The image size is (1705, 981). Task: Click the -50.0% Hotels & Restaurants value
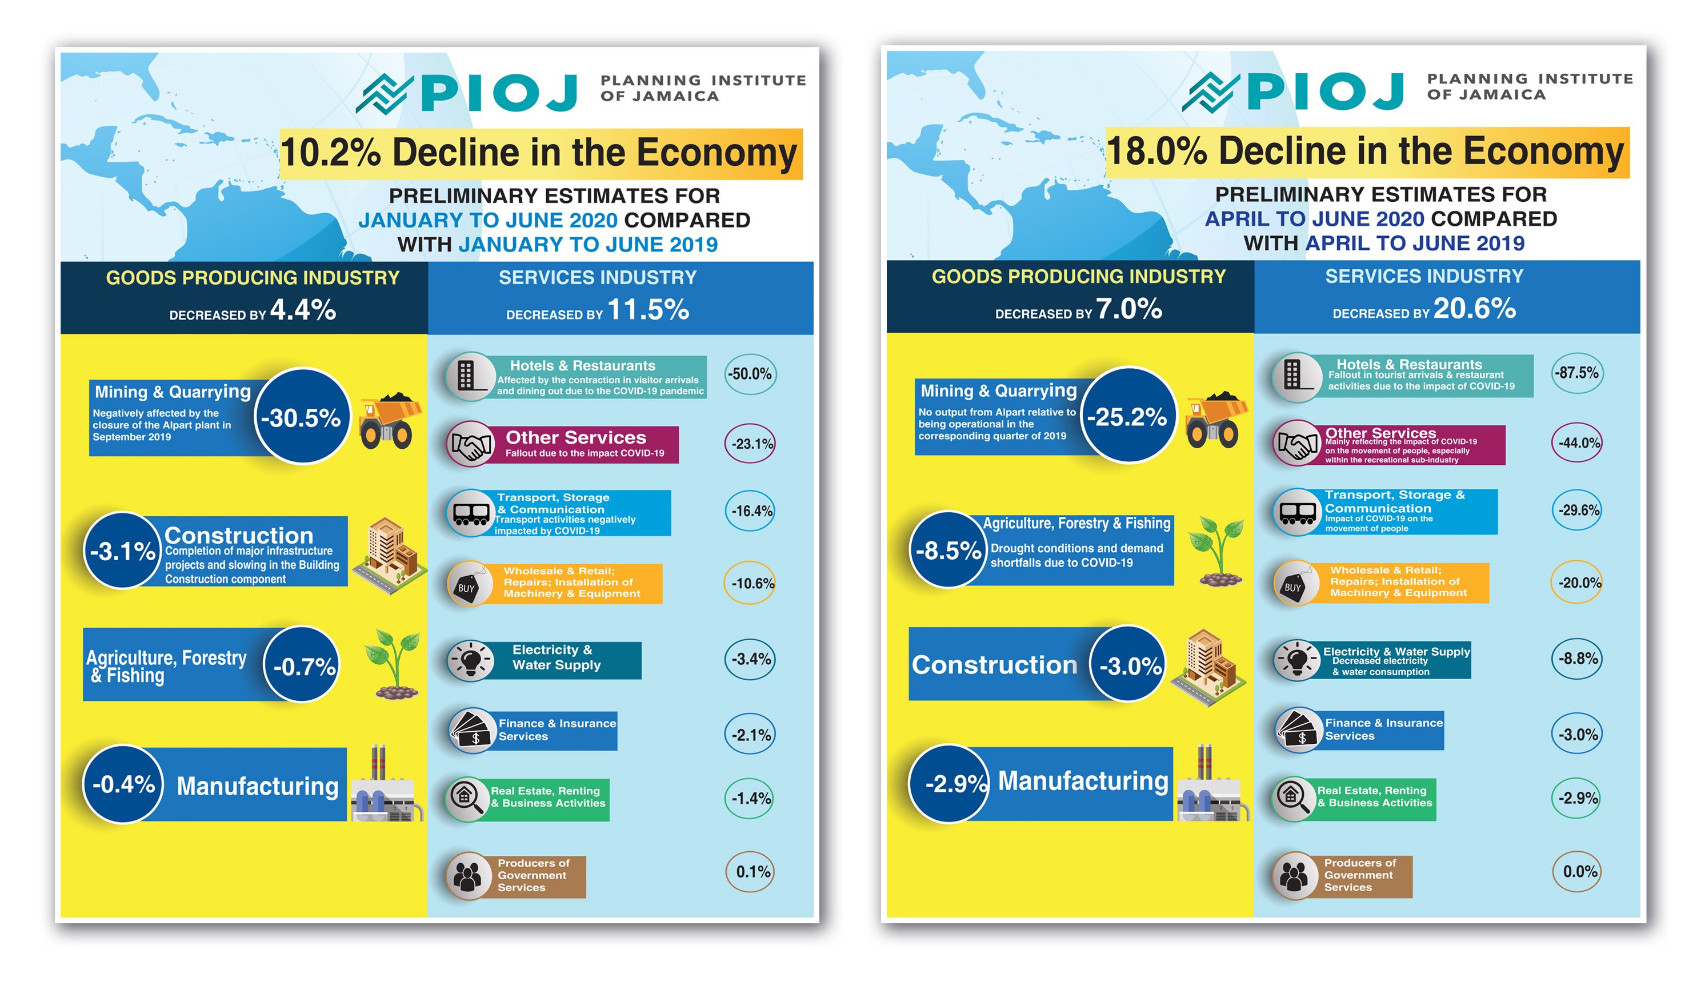point(750,374)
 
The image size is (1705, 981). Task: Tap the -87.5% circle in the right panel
point(1576,373)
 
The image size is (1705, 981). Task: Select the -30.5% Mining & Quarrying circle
point(302,417)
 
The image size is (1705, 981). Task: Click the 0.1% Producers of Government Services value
point(751,872)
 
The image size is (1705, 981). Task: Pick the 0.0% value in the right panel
point(1578,871)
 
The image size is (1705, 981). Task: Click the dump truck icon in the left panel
point(389,421)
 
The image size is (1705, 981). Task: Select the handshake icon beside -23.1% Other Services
point(470,445)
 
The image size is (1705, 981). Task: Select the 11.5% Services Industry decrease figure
point(648,310)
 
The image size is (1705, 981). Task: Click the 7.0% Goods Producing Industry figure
point(1128,309)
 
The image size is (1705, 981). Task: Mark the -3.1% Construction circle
point(122,551)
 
